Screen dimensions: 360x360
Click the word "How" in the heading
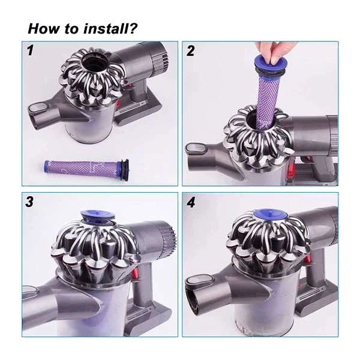43,28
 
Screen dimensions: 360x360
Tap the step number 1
29,50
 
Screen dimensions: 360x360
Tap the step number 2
191,51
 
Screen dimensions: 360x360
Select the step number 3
29,202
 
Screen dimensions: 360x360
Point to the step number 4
191,202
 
